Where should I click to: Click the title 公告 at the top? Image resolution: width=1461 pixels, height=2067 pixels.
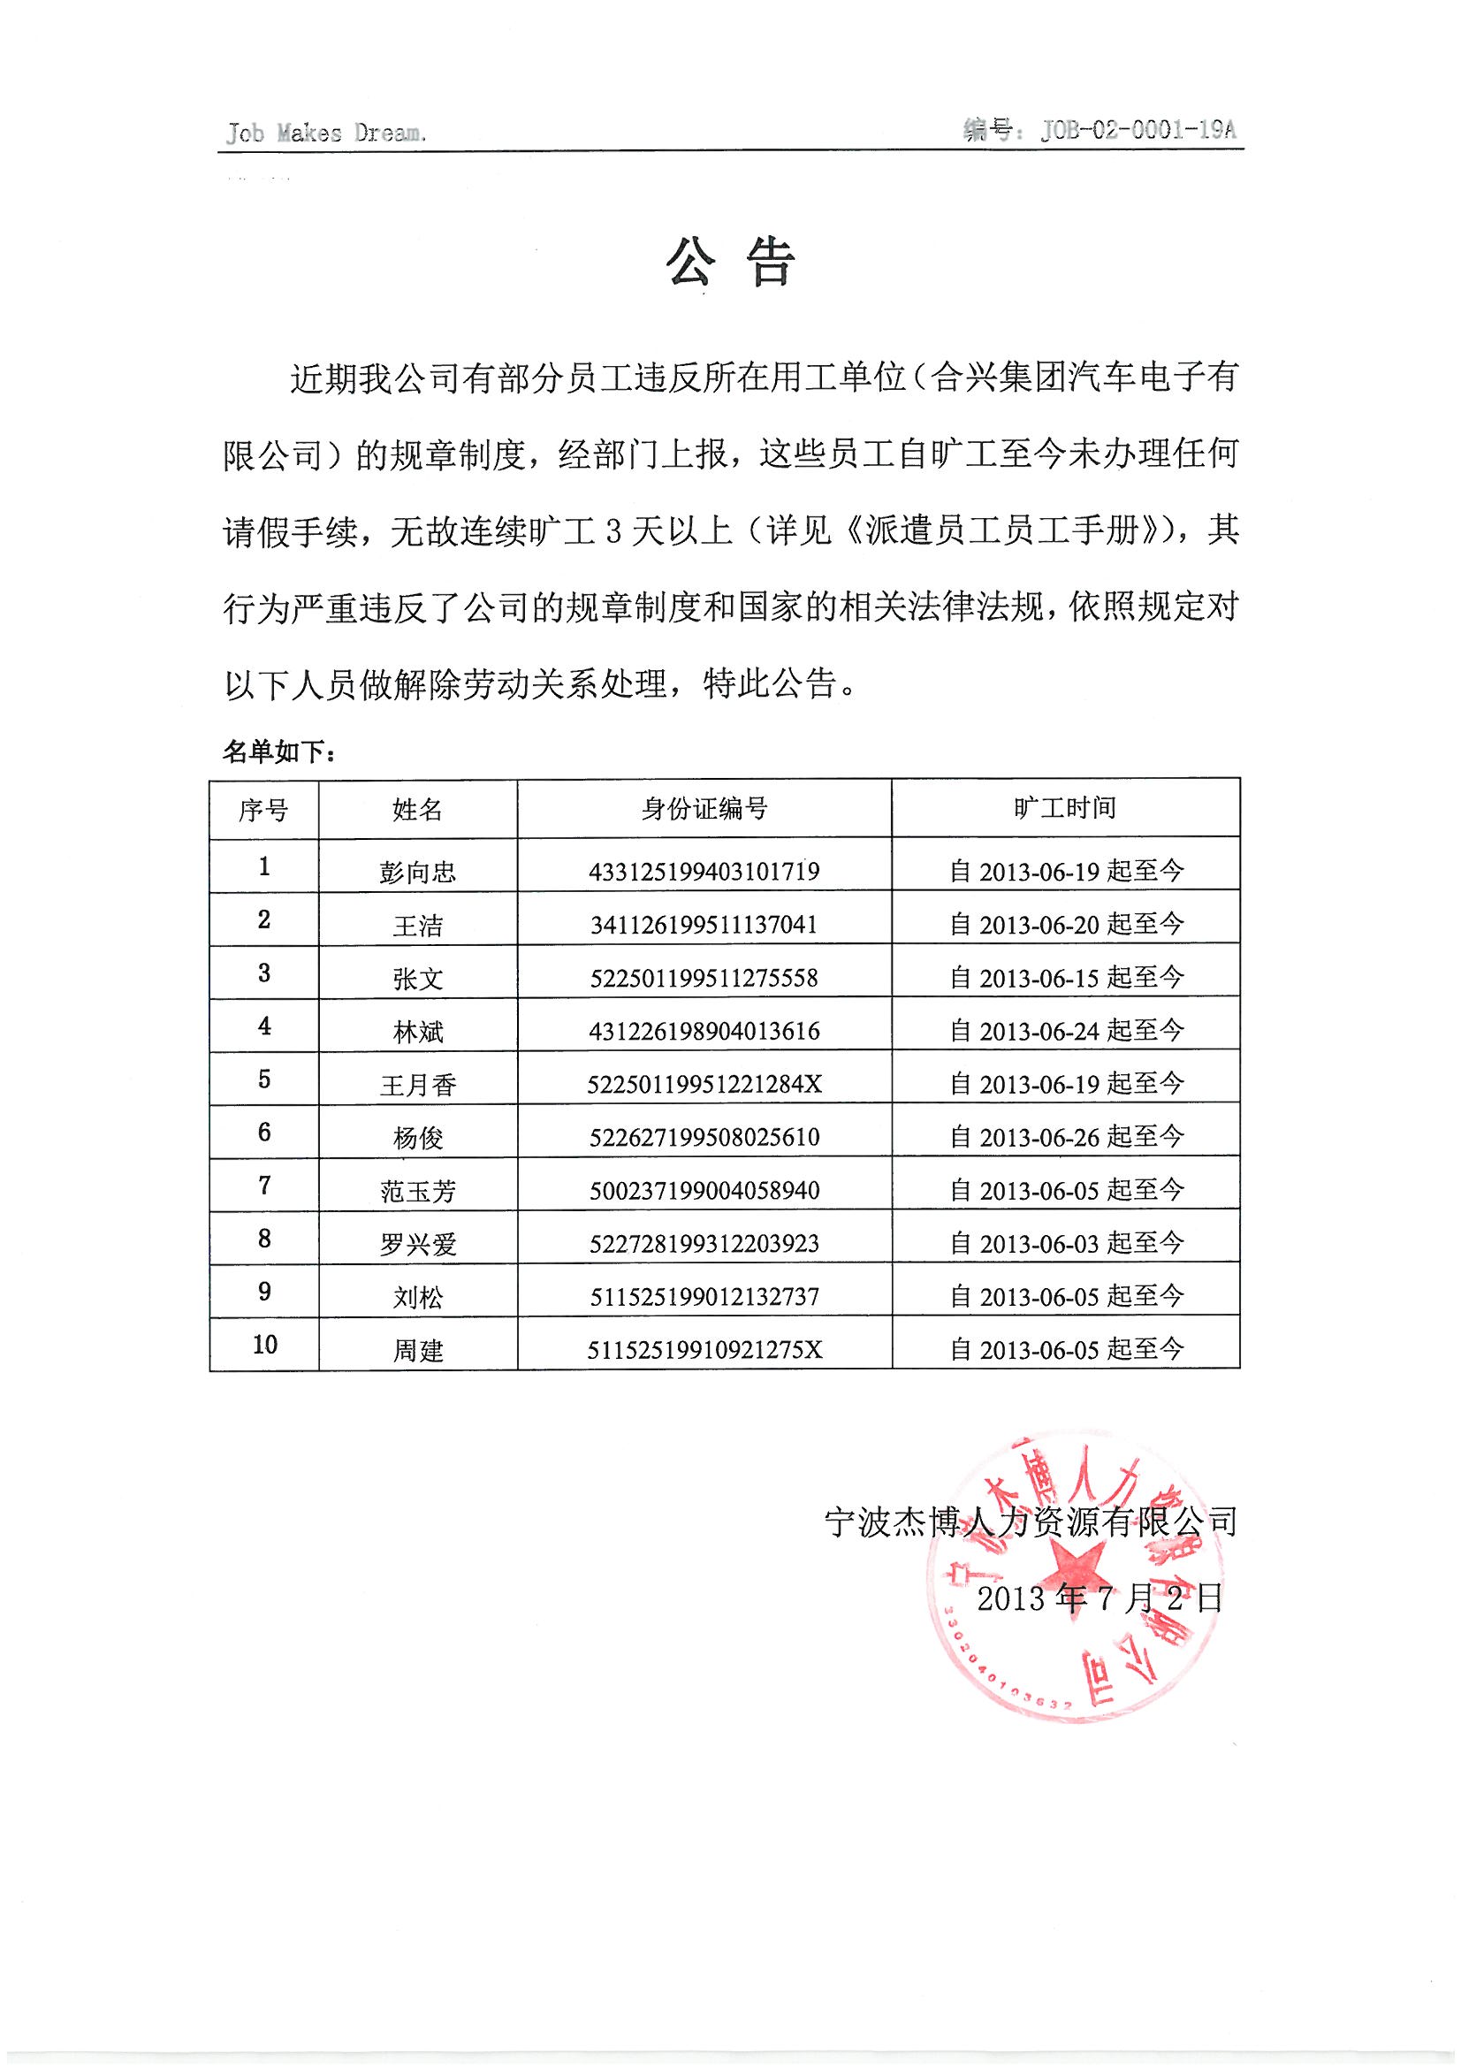[x=730, y=263]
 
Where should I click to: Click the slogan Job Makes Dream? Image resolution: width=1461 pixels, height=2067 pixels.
[x=325, y=133]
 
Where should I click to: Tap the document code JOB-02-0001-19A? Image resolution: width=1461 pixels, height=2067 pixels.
[x=1138, y=131]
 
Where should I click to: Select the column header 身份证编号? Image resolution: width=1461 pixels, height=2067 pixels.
[x=704, y=808]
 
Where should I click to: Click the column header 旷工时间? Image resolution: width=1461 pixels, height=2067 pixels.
[x=1065, y=807]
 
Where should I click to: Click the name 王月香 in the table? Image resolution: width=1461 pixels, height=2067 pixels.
[x=418, y=1084]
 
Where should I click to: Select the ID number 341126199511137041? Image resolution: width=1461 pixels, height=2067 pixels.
[x=704, y=925]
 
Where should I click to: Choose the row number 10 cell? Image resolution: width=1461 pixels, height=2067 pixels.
[x=264, y=1345]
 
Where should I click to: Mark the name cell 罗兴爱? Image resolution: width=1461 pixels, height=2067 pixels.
[x=418, y=1244]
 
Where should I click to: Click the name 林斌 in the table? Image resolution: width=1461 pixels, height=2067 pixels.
[x=418, y=1032]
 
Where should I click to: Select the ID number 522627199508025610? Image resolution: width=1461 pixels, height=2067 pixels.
[x=704, y=1137]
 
